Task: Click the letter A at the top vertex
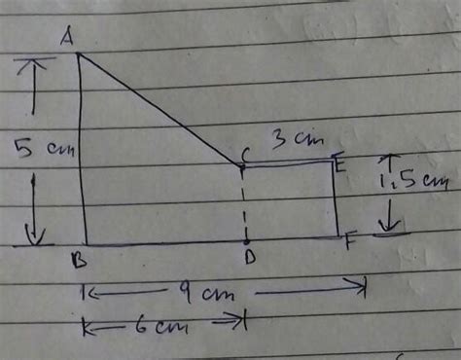coord(67,37)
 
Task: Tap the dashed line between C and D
coord(244,204)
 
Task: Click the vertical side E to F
coord(336,199)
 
